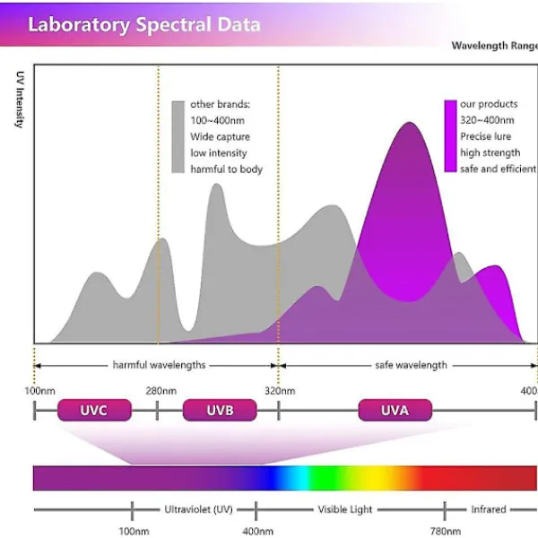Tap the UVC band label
point(94,411)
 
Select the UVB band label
point(220,411)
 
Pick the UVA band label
point(395,411)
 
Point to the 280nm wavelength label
point(161,391)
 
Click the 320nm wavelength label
point(280,391)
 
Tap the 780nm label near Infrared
point(445,531)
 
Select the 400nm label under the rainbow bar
point(257,531)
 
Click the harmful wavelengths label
point(159,365)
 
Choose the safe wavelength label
point(411,365)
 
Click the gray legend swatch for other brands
point(178,136)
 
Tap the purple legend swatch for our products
point(450,136)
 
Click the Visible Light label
point(345,509)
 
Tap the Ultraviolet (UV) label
point(198,509)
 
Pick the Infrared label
point(489,509)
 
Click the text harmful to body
point(226,169)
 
